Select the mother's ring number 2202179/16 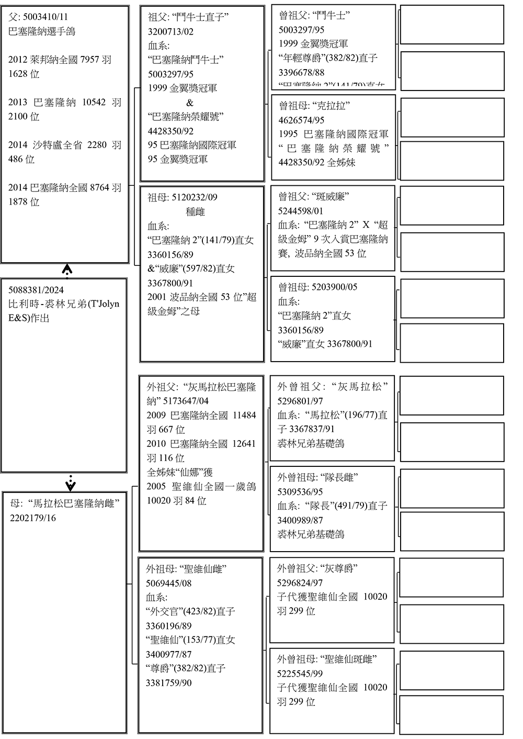32,518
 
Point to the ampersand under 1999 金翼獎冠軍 189,103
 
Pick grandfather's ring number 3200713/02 170,31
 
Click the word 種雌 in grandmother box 195,212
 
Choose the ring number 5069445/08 168,583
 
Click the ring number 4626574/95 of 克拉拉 301,120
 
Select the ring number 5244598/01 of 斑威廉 301,211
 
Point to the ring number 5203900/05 334,287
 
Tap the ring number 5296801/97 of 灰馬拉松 300,401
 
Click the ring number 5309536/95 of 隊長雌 300,492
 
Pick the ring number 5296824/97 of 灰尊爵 300,583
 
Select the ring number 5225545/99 300,674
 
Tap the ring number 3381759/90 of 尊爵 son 168,682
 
